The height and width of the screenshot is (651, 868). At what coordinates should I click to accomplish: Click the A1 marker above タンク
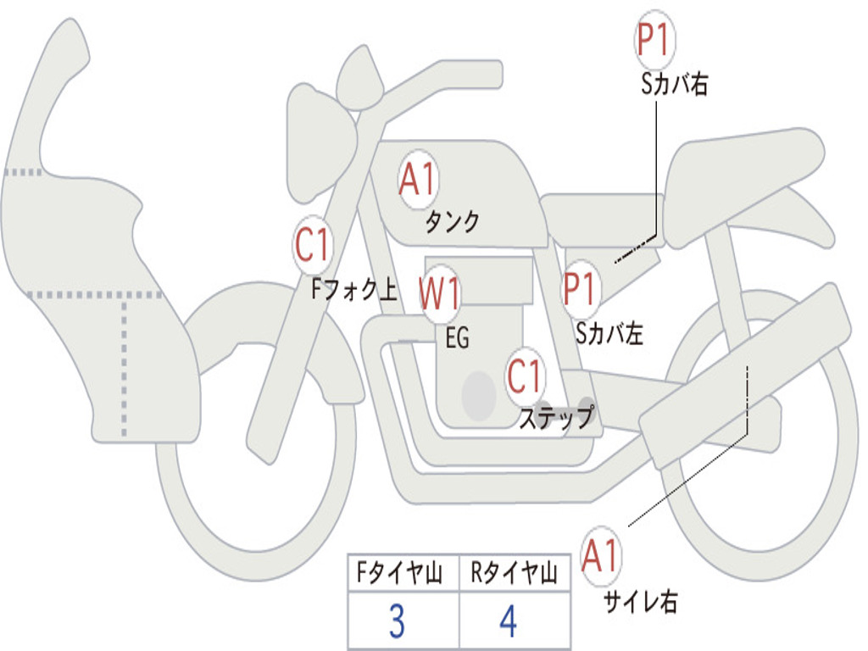coord(417,181)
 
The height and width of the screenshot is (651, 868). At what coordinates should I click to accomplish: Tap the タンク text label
coord(452,222)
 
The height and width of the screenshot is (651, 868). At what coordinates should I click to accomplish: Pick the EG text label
coord(457,338)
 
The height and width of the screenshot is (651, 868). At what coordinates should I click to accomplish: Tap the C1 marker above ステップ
coord(525,376)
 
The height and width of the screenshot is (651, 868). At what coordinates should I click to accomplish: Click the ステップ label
coord(556,418)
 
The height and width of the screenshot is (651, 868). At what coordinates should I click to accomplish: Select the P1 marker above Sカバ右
coord(654,41)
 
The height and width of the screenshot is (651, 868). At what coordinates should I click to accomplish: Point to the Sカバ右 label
coord(674,85)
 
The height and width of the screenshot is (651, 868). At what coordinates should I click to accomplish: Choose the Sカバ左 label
coord(609,333)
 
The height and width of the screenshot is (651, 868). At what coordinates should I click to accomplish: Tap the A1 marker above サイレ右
coord(601,557)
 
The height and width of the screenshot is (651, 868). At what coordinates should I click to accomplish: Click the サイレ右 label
coord(640,602)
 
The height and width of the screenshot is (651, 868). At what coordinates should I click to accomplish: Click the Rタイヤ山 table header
coord(514,576)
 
